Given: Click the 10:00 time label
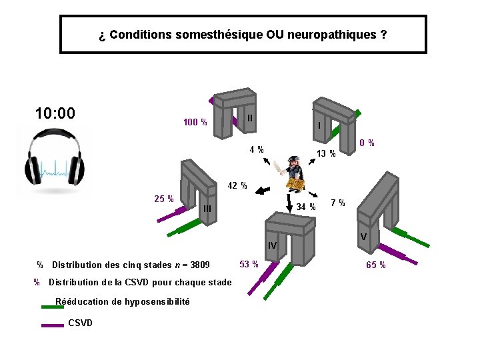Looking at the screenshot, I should click(55, 113).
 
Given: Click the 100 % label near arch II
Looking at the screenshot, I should click(195, 122).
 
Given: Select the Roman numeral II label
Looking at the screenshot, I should click(249, 118).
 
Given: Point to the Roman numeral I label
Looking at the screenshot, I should click(319, 125).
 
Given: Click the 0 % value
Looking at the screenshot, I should click(367, 143).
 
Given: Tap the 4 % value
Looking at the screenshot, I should click(256, 149).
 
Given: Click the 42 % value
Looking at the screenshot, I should click(237, 185).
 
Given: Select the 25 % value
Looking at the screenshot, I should click(164, 199).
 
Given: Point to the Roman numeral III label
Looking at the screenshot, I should click(207, 209).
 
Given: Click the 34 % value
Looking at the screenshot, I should click(306, 207).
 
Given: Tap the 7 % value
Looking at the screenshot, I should click(338, 203).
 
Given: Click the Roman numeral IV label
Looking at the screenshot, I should click(272, 246).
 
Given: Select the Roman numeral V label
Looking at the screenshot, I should click(363, 237).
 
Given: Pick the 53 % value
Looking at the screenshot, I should click(249, 264).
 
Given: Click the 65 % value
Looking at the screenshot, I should click(375, 265).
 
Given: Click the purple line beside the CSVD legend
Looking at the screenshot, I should click(52, 325).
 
